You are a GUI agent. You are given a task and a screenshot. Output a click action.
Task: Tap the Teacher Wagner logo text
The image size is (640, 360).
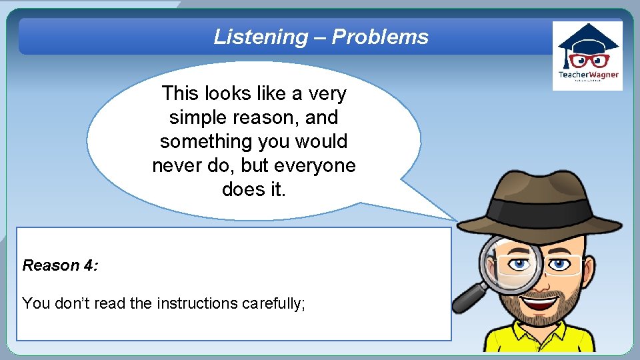tap(588, 75)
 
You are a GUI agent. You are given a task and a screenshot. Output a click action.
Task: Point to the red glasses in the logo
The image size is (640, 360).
tap(588, 59)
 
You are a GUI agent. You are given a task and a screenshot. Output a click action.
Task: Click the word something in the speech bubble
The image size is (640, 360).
tap(200, 141)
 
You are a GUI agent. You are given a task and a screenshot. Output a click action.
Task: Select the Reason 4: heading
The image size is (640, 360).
tap(60, 265)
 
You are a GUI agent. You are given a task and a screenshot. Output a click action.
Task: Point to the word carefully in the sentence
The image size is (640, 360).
tap(273, 303)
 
